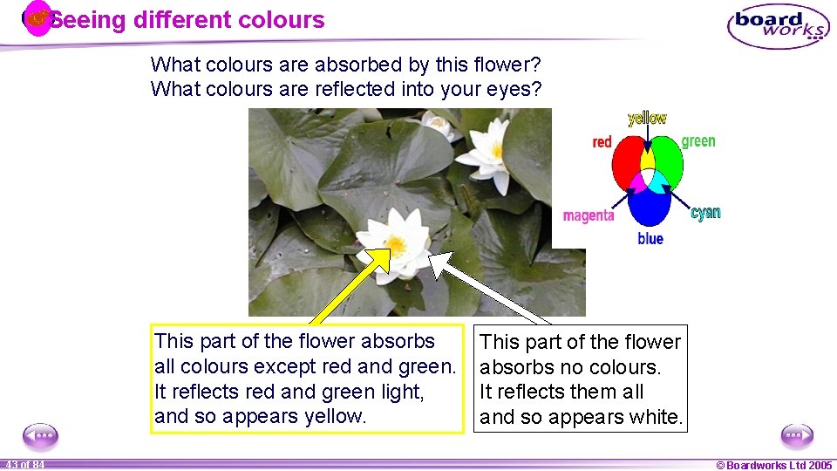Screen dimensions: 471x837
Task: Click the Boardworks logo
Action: (778, 25)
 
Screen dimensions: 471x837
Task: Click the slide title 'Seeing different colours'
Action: (187, 20)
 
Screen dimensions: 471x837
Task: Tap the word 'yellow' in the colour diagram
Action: (647, 118)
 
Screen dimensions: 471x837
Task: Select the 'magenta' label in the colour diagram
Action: (589, 215)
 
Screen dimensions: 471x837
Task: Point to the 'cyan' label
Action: (705, 213)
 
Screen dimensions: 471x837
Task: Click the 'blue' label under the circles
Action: (650, 239)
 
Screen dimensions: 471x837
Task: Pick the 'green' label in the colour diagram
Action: (698, 141)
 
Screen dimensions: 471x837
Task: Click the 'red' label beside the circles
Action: (602, 142)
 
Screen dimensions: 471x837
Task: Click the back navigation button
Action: (40, 434)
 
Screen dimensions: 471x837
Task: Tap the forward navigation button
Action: (797, 434)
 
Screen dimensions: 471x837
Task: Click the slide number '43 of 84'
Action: (24, 465)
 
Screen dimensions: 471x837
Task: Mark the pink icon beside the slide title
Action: (37, 18)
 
